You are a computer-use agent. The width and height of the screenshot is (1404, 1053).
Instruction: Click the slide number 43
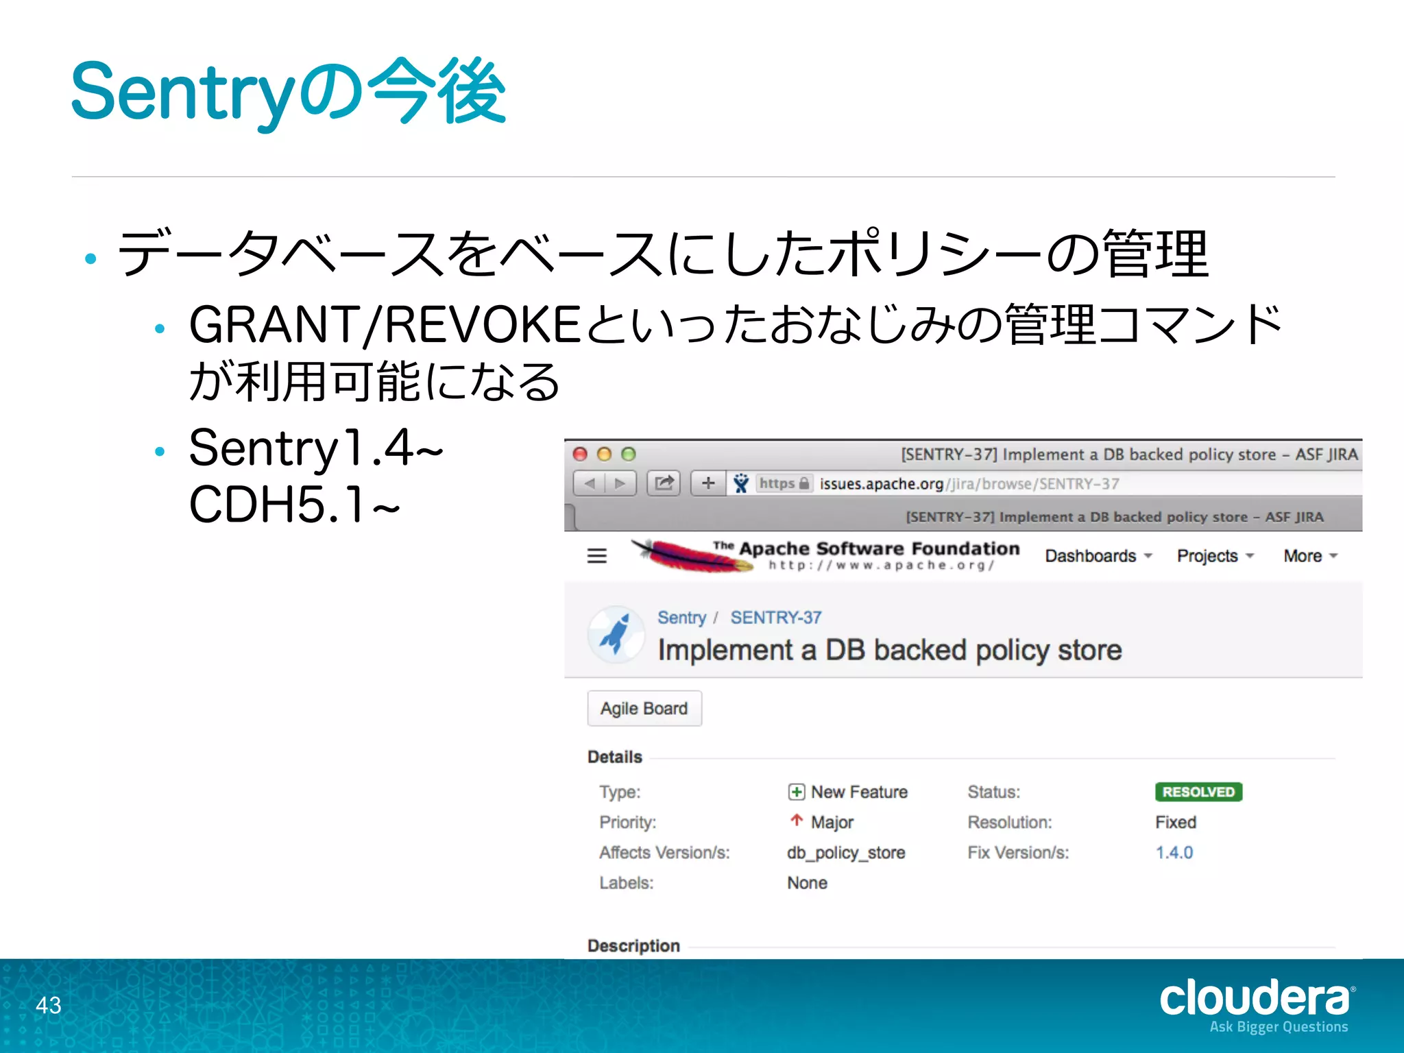point(49,1005)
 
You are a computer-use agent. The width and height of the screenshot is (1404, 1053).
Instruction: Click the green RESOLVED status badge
point(1198,792)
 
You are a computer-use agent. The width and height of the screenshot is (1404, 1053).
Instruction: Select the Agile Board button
point(644,708)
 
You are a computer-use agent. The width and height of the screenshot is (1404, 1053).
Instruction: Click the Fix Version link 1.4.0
point(1174,852)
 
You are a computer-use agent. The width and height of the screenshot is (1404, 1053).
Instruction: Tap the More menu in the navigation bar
point(1310,556)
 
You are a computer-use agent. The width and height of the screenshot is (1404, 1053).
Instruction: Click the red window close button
point(581,454)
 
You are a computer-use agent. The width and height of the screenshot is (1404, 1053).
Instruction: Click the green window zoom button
point(628,454)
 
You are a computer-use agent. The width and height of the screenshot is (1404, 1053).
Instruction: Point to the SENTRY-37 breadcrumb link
point(775,618)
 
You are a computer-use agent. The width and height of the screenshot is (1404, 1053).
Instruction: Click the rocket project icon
point(616,633)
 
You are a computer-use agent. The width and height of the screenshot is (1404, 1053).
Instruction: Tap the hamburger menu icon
point(597,556)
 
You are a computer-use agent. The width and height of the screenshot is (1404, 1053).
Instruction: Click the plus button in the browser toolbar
point(708,483)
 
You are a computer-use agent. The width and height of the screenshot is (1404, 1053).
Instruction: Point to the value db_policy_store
point(846,852)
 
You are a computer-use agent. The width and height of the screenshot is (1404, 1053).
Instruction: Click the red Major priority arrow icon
point(796,821)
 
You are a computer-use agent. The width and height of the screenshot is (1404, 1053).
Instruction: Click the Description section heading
point(633,946)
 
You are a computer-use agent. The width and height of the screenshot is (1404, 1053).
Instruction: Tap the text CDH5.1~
point(294,505)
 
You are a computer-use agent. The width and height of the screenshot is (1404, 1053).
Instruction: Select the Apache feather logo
point(692,555)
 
